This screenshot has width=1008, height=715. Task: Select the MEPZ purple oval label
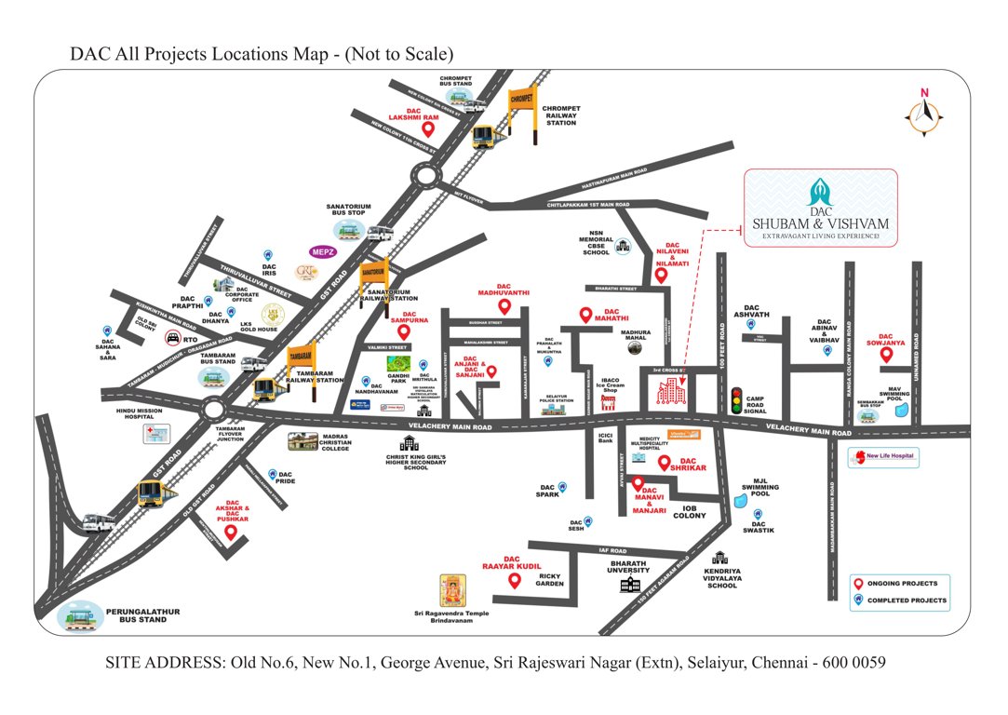pos(322,251)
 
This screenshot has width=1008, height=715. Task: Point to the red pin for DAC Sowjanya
pos(885,356)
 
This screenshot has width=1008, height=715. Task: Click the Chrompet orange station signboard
pos(520,99)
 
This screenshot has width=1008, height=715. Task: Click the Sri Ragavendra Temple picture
pos(452,589)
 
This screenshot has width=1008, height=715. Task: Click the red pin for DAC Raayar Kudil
pos(513,581)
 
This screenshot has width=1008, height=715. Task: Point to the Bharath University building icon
pos(632,584)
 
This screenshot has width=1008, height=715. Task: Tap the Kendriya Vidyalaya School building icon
pos(719,559)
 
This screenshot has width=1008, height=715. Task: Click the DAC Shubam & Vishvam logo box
pos(822,208)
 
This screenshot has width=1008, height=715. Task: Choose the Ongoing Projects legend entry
pos(898,584)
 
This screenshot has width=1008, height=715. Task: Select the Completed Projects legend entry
pos(898,600)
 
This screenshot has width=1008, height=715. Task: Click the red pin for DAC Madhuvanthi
pos(504,306)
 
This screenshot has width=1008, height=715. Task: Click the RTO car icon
pos(172,338)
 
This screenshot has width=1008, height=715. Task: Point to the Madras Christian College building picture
pos(307,440)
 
